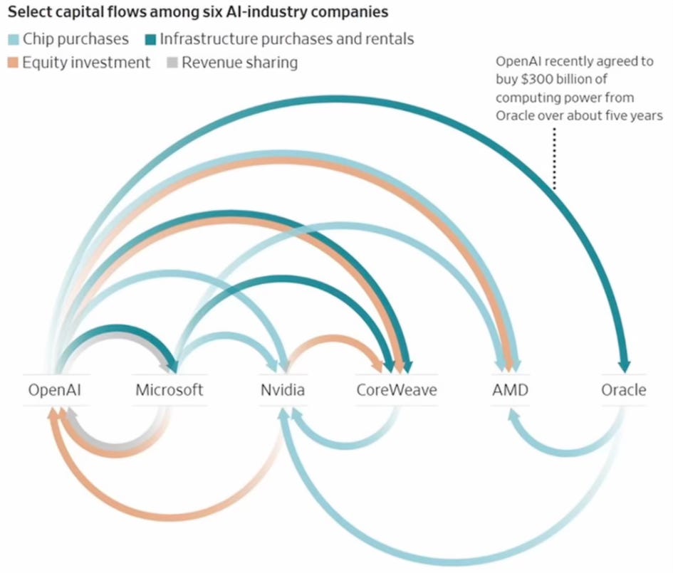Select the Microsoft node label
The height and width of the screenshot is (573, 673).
point(169,390)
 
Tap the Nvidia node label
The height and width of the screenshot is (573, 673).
point(283,390)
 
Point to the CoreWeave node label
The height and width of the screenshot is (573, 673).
point(397,390)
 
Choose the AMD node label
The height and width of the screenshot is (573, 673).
point(510,390)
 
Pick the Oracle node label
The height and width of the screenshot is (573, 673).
point(624,390)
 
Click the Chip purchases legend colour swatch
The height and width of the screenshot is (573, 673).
point(13,38)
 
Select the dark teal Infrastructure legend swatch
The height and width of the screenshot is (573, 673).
point(150,38)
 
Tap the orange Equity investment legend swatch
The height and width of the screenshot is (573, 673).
point(13,63)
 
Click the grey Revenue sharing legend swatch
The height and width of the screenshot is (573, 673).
point(172,63)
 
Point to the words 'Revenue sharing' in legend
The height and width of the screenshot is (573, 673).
point(239,63)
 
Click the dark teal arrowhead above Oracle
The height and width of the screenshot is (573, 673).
point(624,365)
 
